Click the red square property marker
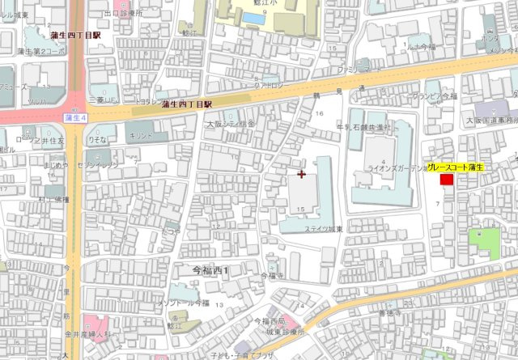click(446, 179)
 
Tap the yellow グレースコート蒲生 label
click(456, 167)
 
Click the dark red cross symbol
click(302, 174)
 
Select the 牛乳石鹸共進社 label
click(363, 127)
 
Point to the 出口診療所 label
click(123, 14)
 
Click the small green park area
click(483, 243)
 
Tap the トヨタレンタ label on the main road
click(151, 103)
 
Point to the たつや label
click(170, 231)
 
